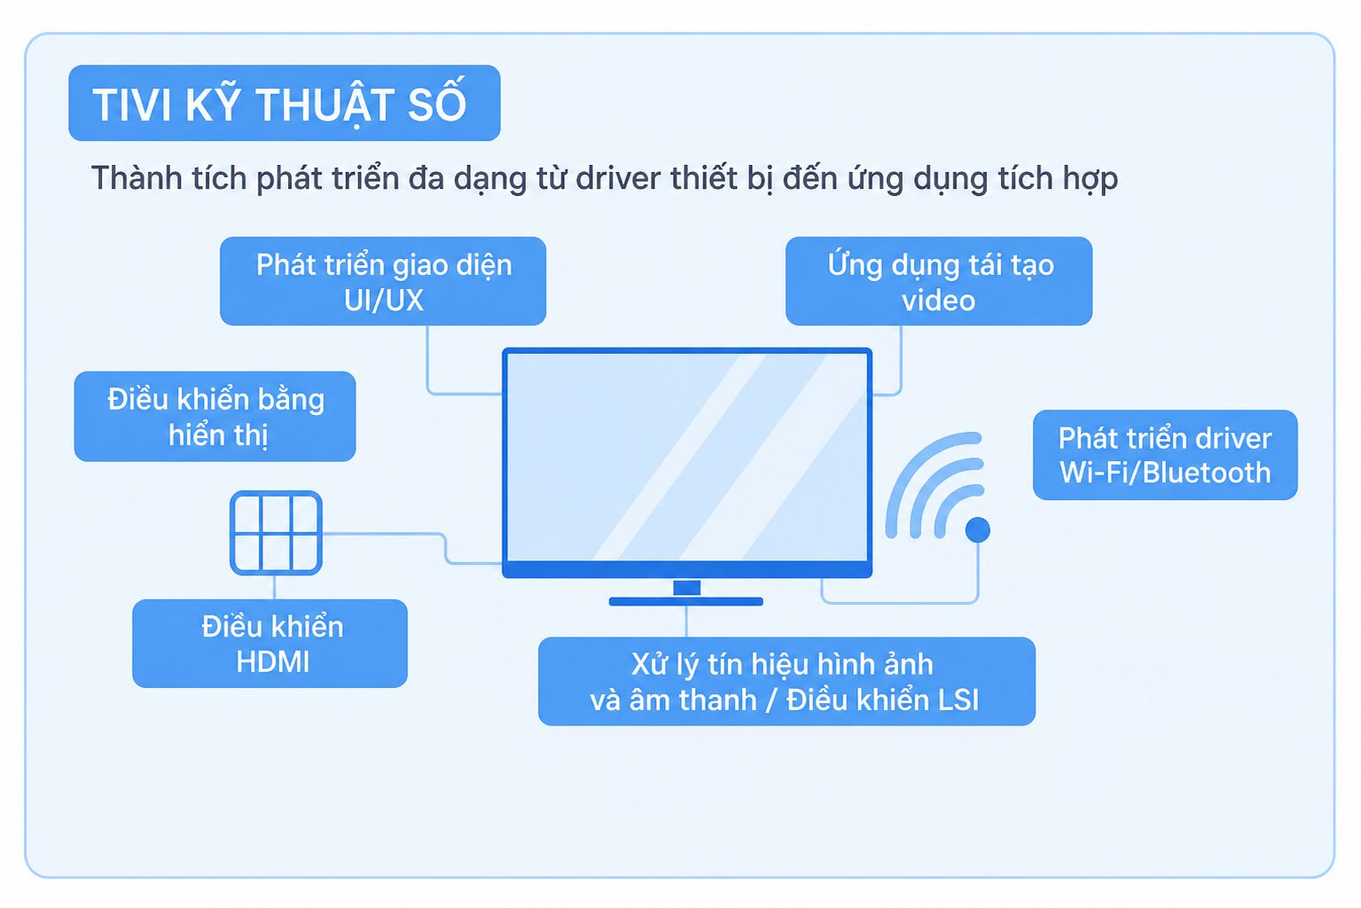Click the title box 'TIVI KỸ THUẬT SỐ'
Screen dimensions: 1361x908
(285, 103)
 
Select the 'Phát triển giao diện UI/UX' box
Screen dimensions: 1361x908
(383, 281)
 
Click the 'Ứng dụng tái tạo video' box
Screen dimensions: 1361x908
(939, 281)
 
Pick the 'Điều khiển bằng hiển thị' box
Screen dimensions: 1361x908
(215, 417)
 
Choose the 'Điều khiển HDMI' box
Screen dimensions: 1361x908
(270, 644)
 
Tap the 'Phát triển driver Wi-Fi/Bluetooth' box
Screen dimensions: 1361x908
(1165, 455)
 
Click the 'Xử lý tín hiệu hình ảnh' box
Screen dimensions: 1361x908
(786, 681)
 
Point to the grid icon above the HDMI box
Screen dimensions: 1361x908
(276, 533)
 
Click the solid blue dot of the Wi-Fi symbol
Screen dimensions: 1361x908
(978, 530)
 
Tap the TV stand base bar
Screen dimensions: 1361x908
(686, 602)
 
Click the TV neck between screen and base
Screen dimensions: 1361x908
(686, 587)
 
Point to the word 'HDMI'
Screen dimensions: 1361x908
(273, 661)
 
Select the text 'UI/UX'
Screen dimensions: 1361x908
(383, 301)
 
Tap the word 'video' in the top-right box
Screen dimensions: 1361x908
(939, 301)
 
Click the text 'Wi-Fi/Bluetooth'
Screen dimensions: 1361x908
(1165, 473)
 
